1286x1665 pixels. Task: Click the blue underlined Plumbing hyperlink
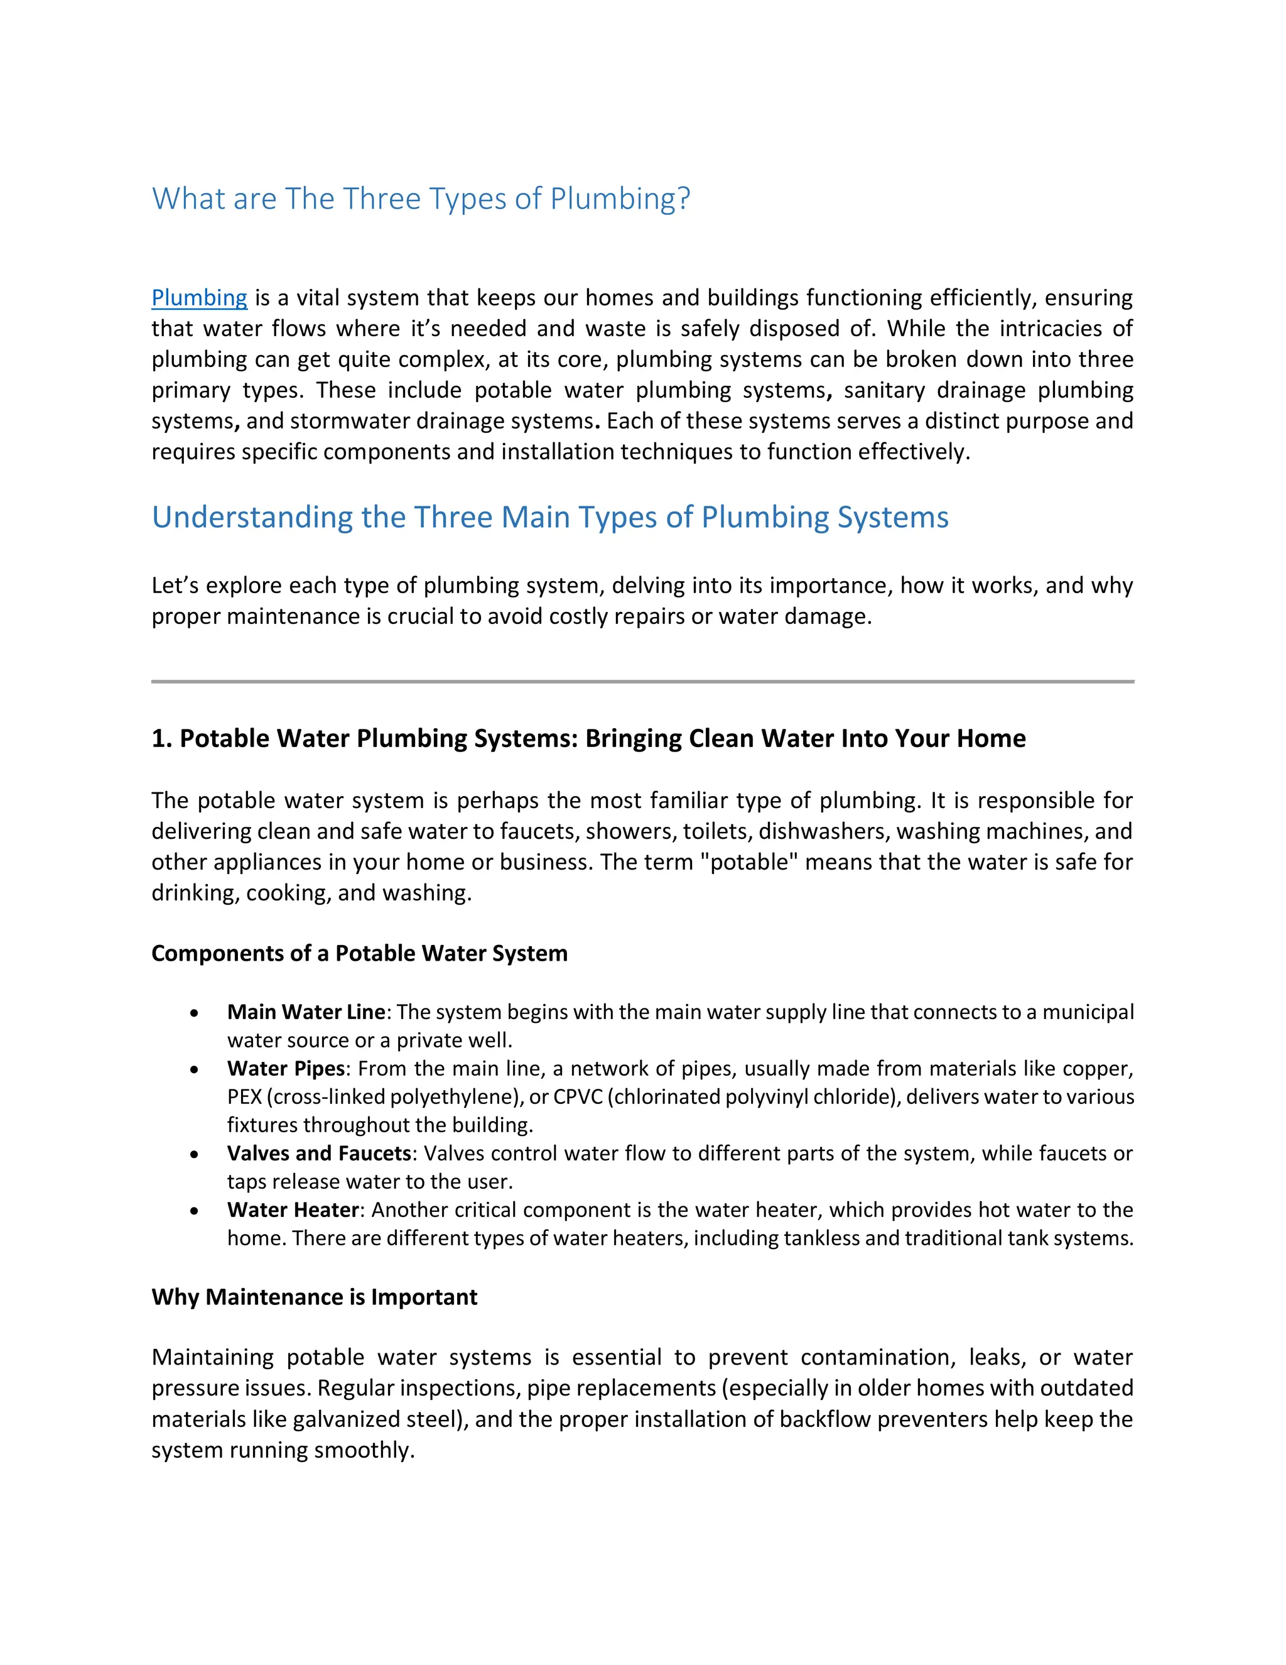click(x=199, y=297)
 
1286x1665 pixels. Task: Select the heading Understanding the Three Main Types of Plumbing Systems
click(x=549, y=517)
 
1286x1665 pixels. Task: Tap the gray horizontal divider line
click(x=642, y=681)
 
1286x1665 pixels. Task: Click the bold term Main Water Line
click(x=306, y=1012)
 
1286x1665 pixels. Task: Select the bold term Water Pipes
click(x=286, y=1068)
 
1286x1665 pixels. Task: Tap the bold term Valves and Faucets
click(x=318, y=1153)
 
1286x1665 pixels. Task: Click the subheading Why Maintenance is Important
click(x=314, y=1297)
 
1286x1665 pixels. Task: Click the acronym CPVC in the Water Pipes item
click(x=578, y=1096)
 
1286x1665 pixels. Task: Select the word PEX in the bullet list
click(x=244, y=1096)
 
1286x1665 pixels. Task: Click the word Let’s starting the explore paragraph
click(x=175, y=586)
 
